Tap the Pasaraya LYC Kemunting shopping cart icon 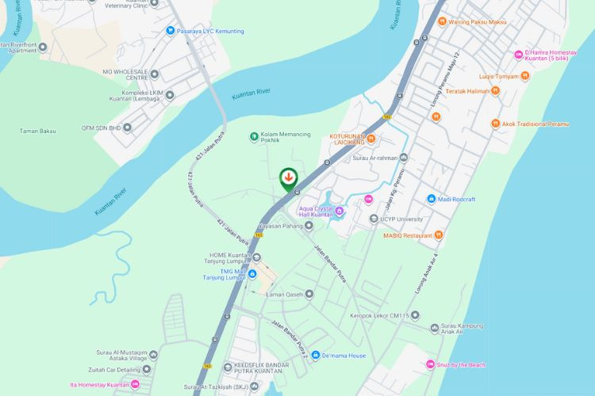pos(170,31)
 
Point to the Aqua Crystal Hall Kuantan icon pos(340,211)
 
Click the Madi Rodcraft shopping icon pos(431,199)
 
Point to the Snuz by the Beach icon pos(430,364)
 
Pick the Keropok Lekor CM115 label pos(379,316)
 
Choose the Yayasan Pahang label pos(280,225)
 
